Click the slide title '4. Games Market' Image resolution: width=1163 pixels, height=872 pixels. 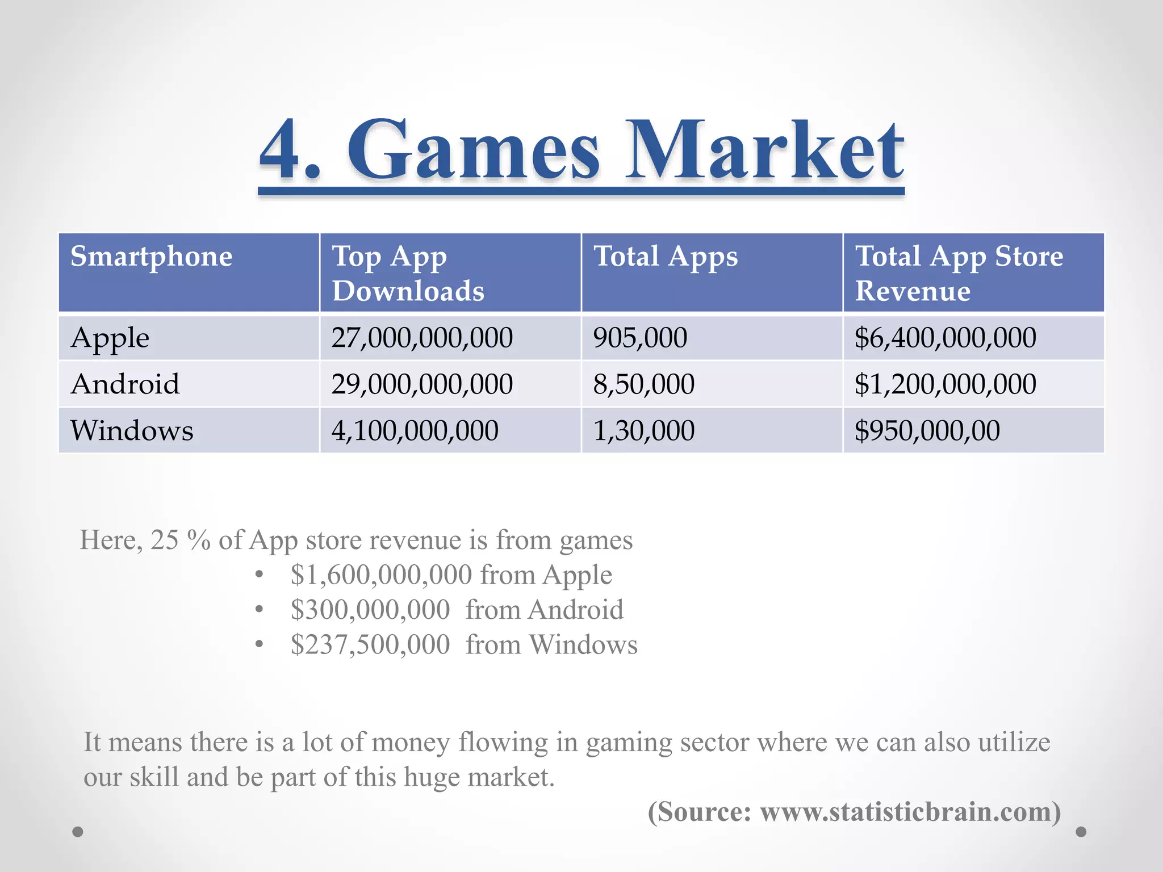(581, 150)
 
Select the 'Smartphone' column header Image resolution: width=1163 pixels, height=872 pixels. (151, 257)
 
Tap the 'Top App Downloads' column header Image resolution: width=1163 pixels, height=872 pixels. (408, 273)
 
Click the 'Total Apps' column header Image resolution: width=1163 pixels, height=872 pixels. (666, 257)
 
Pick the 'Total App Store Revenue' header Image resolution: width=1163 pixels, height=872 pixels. (959, 273)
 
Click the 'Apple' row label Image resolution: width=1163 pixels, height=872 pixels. (110, 338)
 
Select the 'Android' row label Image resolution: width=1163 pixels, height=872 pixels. (125, 384)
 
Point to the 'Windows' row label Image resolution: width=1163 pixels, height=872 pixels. (132, 430)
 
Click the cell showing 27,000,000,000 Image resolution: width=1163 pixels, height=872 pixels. (422, 338)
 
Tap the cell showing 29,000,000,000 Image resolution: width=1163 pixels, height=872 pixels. (422, 384)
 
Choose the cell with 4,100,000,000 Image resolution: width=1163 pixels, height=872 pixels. (415, 430)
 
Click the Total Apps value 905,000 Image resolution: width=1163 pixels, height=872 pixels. (640, 338)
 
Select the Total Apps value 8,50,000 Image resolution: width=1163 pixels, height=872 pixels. (643, 384)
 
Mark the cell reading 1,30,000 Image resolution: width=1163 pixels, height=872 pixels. (643, 430)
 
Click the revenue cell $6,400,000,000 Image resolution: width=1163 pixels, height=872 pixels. (945, 338)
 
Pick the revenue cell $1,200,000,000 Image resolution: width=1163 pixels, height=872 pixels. (945, 384)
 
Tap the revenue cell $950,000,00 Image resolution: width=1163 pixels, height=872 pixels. (927, 430)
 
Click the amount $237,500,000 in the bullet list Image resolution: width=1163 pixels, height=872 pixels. (370, 645)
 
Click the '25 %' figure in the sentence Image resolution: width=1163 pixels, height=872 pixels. (180, 540)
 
